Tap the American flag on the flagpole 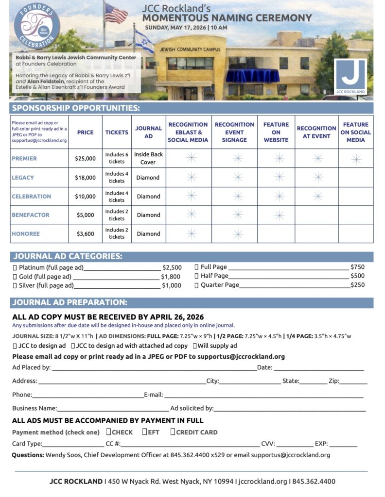point(116,14)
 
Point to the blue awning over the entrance point(252,76)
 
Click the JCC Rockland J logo point(350,76)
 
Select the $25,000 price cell point(85,158)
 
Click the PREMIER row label point(24,158)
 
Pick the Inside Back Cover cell point(148,158)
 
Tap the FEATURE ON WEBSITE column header point(276,132)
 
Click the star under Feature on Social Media point(356,159)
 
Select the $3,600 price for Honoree point(85,233)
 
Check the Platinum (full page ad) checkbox point(15,267)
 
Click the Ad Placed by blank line point(153,368)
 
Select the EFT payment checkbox point(145,432)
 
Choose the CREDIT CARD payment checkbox point(173,432)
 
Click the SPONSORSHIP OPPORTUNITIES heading point(76,108)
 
